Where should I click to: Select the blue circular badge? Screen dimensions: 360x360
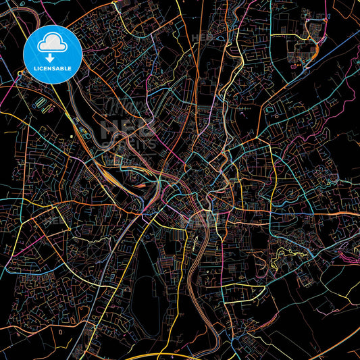click(53, 54)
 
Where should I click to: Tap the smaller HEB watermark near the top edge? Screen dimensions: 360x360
click(201, 37)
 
